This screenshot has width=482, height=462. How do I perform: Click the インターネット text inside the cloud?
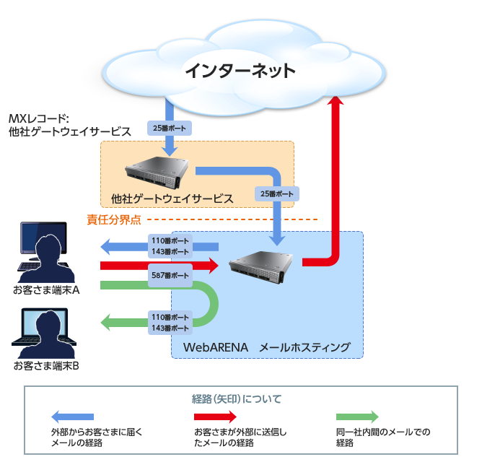(240, 71)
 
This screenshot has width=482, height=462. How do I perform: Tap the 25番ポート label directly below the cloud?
(169, 129)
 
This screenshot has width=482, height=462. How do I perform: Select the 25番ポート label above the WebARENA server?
(276, 194)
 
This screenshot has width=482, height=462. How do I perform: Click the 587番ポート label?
(170, 276)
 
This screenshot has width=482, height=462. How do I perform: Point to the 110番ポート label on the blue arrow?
(170, 241)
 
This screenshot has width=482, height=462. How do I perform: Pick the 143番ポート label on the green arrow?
(170, 328)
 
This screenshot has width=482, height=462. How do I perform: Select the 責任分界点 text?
(113, 219)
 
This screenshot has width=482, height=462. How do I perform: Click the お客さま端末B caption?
(45, 365)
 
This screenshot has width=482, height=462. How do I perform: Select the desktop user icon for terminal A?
(44, 253)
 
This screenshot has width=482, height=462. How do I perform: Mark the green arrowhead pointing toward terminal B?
(108, 322)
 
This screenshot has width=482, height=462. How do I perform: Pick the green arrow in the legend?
(357, 417)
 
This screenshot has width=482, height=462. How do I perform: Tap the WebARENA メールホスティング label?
(267, 348)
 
